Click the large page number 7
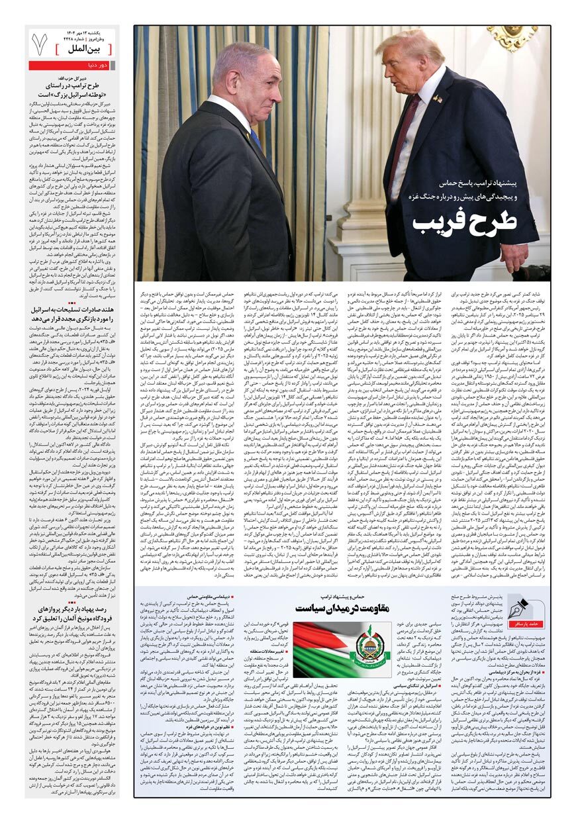pyautogui.click(x=40, y=44)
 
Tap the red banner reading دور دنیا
pyautogui.click(x=72, y=66)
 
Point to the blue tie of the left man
pyautogui.click(x=256, y=140)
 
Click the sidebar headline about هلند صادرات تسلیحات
pyautogui.click(x=72, y=314)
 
